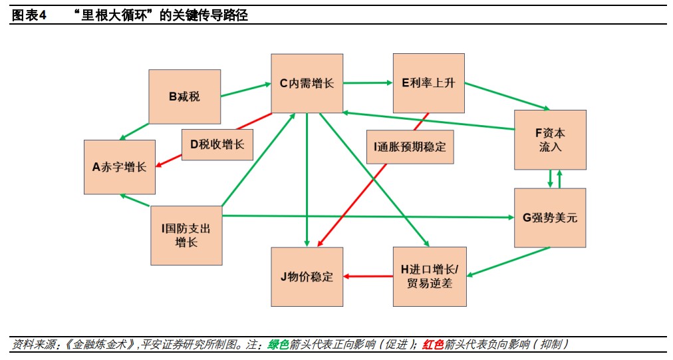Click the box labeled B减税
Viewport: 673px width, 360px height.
point(185,96)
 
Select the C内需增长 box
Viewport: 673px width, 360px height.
point(307,83)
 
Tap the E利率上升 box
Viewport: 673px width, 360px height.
point(429,83)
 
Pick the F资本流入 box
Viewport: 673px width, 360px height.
point(550,140)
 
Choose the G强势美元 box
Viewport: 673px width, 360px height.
point(550,218)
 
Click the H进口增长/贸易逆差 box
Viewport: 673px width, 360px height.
point(430,277)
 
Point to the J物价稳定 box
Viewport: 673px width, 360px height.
point(307,277)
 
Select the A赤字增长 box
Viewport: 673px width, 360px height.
point(120,167)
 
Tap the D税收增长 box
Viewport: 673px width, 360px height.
point(217,145)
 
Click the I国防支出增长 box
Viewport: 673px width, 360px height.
point(186,236)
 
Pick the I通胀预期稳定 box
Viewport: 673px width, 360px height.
point(410,147)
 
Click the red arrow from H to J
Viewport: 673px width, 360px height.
point(368,276)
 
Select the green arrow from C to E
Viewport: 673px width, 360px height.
point(368,83)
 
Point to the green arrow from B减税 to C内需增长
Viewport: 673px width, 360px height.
point(246,90)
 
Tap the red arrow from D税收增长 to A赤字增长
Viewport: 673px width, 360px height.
point(169,160)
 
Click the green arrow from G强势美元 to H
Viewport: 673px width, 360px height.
point(508,262)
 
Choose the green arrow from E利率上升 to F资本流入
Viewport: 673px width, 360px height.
point(507,96)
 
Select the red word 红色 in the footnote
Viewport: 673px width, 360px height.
point(433,345)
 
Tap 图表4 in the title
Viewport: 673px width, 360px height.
point(29,15)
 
